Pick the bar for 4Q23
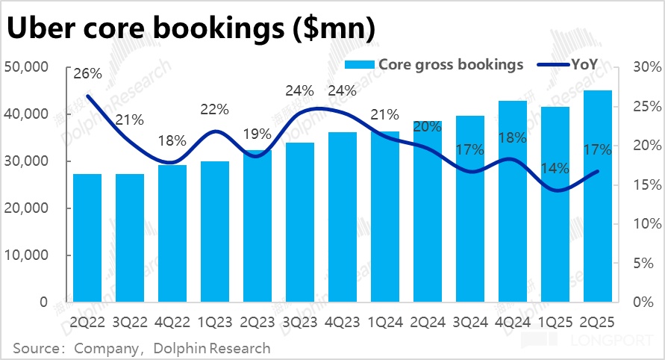343,217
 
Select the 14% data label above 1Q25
555,169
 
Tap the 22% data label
215,109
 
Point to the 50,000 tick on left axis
27,67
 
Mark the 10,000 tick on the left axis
27,255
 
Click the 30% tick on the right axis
641,67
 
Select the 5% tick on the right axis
644,263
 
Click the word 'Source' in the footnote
36,348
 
